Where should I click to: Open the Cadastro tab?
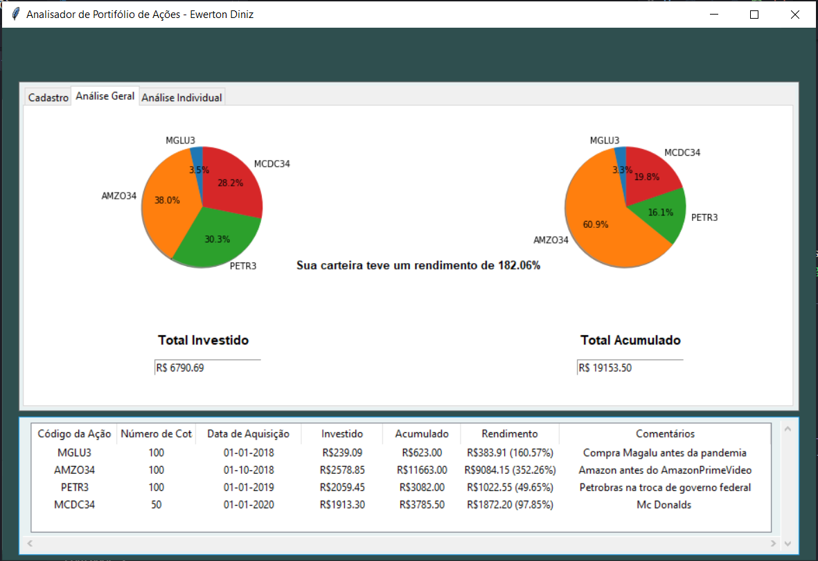coord(48,98)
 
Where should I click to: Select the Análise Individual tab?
coord(181,98)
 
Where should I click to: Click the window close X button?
coord(794,15)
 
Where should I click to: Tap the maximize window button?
coord(754,15)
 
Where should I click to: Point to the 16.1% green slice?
coord(658,213)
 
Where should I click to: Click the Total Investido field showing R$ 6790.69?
coord(207,368)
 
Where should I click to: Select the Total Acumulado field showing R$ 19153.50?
coord(630,368)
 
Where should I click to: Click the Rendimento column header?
coord(509,434)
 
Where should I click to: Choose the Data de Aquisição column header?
coord(248,434)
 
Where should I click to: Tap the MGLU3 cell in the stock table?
coord(74,453)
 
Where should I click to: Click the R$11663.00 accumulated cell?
coord(422,470)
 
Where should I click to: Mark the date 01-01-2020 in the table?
coord(248,505)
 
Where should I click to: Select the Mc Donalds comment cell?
coord(664,505)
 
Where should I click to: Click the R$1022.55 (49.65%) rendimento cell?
coord(510,488)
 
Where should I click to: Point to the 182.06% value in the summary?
coord(519,265)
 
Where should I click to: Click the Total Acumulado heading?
coord(630,340)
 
